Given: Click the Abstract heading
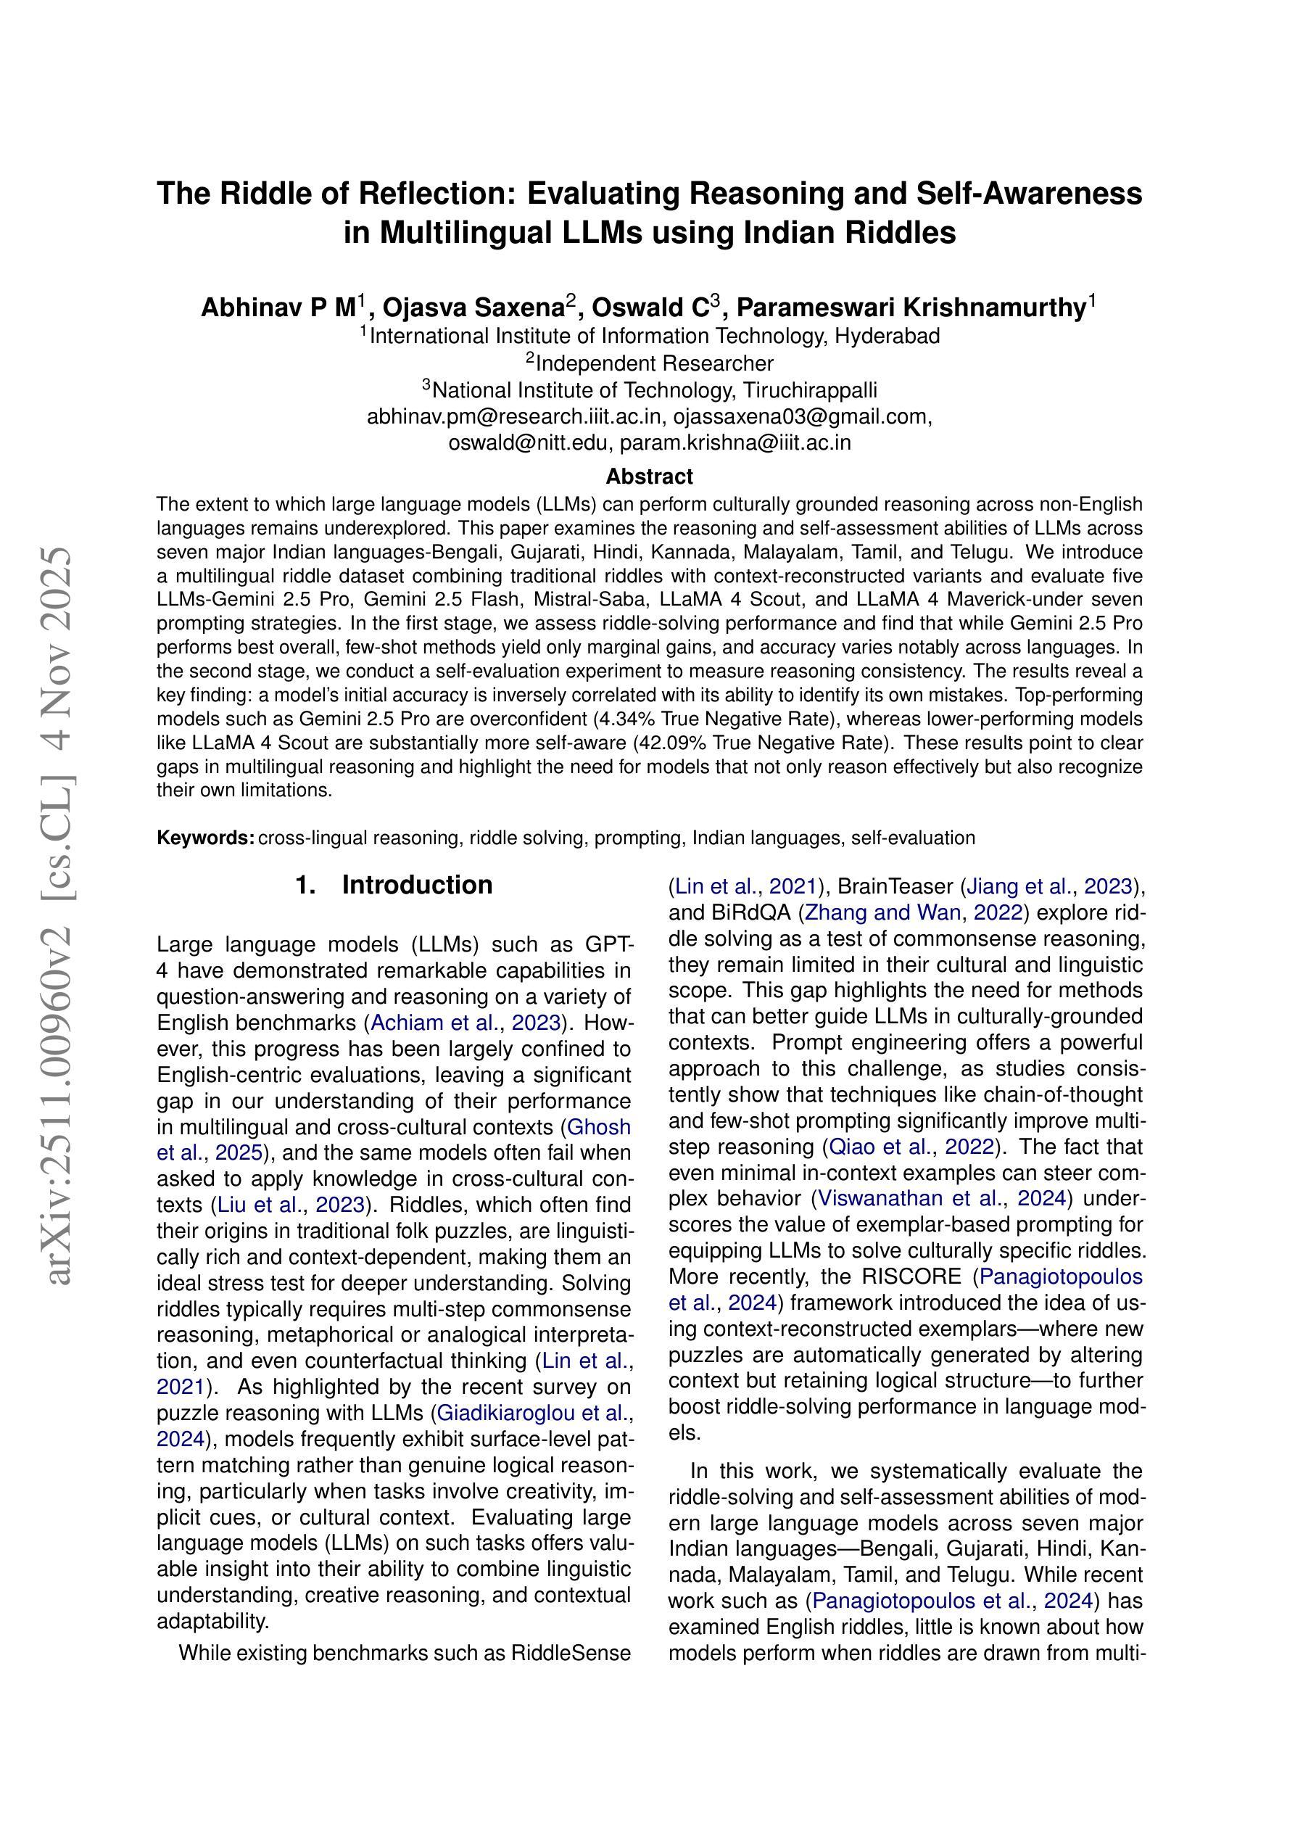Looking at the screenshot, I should [649, 476].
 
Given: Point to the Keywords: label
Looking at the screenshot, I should [205, 838].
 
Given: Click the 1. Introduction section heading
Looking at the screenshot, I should [394, 885].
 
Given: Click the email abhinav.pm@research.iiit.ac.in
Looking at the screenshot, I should [514, 416].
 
